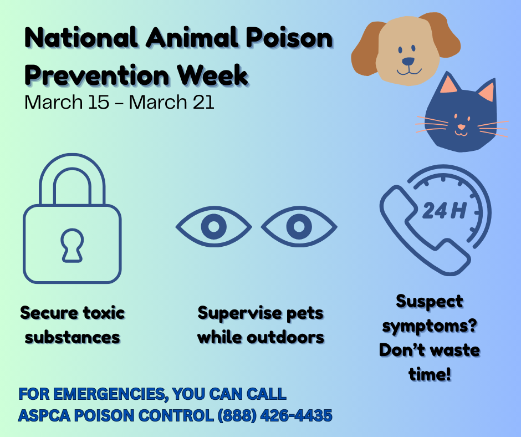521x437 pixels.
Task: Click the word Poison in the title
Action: (289, 38)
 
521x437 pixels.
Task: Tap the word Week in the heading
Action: (213, 74)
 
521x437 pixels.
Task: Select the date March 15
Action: (67, 102)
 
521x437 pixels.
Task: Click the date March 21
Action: (171, 102)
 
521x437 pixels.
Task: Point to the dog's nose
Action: (408, 62)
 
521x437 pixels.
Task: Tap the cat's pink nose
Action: (461, 126)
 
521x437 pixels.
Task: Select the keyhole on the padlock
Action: (72, 245)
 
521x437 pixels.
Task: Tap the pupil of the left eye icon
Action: (213, 226)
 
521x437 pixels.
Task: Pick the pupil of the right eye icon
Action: (299, 226)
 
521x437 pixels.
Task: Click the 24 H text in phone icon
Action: (445, 210)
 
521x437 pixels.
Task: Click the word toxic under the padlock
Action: (104, 313)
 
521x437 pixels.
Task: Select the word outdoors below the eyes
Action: (285, 337)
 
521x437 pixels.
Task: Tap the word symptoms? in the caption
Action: (430, 326)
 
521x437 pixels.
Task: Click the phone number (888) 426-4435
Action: (275, 415)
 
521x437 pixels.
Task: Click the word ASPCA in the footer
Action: (44, 415)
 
